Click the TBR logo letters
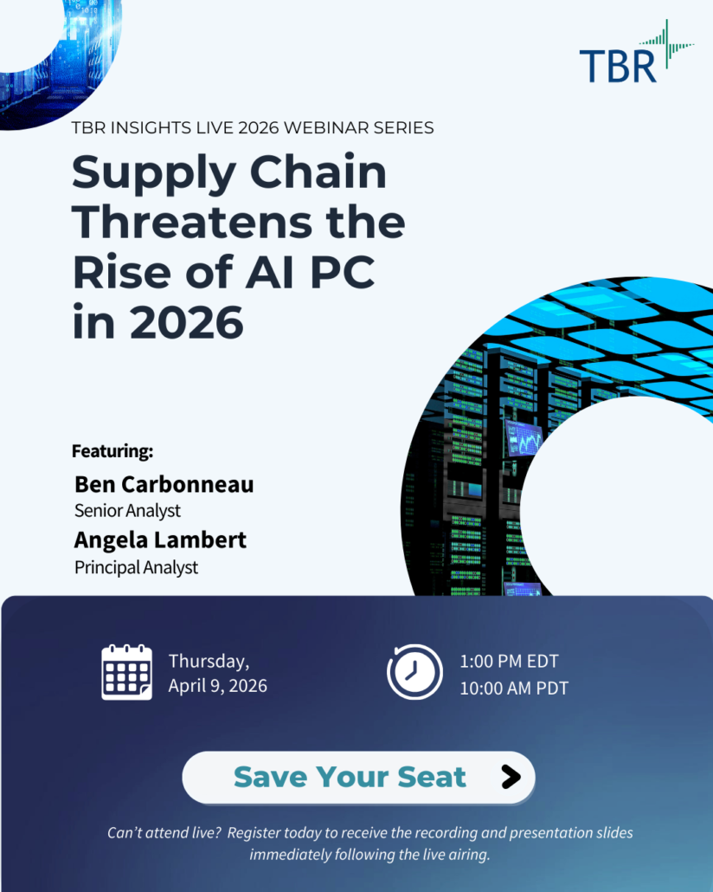(617, 66)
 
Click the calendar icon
(126, 672)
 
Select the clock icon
(414, 672)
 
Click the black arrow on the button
(511, 777)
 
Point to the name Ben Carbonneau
(164, 484)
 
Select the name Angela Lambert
(160, 540)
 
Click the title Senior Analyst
(126, 511)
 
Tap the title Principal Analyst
(136, 568)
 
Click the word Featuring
(112, 451)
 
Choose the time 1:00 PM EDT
(509, 662)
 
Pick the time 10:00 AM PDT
(514, 688)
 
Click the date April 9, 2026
(217, 686)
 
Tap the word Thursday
(209, 661)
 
